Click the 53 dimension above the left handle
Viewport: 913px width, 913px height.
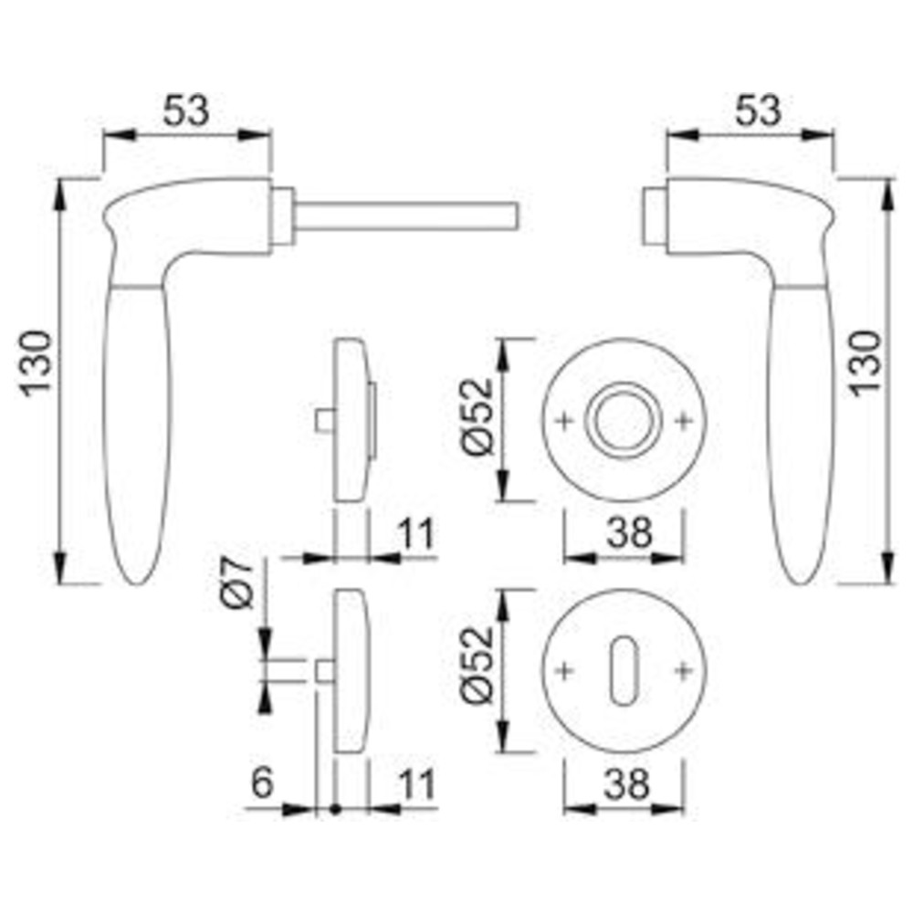coord(185,110)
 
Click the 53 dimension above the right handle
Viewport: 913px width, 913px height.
coord(758,110)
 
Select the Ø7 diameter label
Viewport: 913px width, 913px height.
coord(237,582)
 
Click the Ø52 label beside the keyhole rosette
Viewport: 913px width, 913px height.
coord(477,665)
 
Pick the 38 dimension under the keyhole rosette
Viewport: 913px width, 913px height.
coord(626,783)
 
